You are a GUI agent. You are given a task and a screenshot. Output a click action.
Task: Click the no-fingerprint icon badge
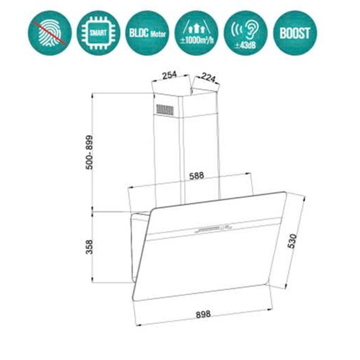49,33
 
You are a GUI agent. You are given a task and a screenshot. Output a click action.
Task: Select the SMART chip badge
98,33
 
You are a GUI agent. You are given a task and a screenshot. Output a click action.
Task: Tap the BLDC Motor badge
147,33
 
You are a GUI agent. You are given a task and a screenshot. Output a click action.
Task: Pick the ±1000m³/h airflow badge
196,33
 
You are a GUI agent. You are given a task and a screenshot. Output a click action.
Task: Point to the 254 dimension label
169,75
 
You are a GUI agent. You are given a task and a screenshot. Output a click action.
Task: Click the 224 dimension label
208,77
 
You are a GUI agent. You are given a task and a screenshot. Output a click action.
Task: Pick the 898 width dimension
202,314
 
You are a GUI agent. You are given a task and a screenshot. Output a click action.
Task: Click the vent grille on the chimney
164,109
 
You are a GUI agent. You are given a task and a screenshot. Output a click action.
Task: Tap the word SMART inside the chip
98,33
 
